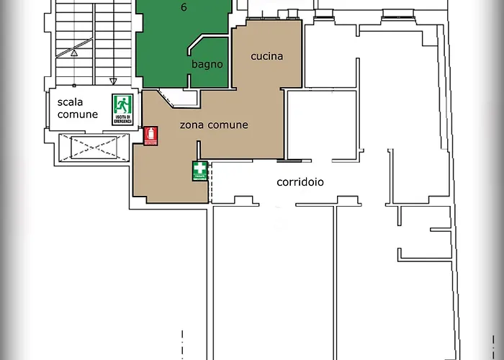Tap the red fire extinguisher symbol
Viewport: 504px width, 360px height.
[x=150, y=136]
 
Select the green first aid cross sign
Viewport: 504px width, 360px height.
[x=199, y=171]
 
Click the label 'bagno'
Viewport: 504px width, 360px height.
[x=207, y=65]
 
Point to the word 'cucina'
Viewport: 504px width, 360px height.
[x=266, y=56]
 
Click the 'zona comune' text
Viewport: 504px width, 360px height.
[x=213, y=125]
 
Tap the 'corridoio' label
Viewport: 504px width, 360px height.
[x=300, y=182]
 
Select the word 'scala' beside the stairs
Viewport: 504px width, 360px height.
[x=71, y=102]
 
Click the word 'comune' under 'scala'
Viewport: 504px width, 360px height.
[x=78, y=114]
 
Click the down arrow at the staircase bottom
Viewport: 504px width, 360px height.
[x=113, y=81]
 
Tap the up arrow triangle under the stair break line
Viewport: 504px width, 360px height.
[x=73, y=52]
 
